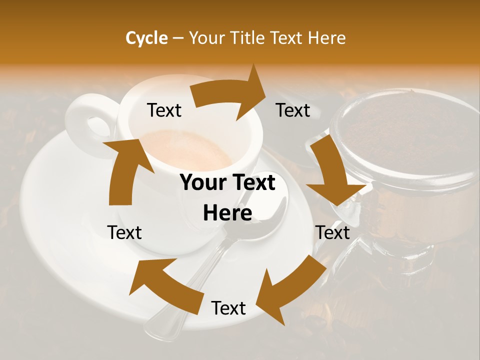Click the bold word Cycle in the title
146,38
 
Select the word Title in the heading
248,38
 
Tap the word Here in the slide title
327,38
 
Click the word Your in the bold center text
199,183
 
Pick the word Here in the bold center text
227,213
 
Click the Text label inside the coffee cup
164,110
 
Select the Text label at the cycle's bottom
228,308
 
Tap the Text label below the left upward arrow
124,232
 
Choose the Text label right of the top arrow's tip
293,110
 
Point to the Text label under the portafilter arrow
332,232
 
